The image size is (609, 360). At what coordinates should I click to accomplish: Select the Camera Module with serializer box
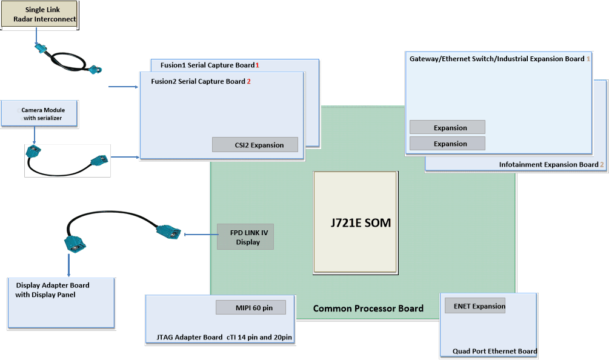coord(40,114)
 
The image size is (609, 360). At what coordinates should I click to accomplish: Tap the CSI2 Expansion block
coord(255,145)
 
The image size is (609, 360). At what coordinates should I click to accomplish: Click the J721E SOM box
coord(355,222)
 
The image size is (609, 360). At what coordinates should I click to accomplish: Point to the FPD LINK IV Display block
coord(245,237)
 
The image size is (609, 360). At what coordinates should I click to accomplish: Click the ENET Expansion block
coord(475,306)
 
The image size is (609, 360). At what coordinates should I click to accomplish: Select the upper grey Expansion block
coord(447,127)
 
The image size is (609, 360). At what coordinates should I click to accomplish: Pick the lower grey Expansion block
coord(447,144)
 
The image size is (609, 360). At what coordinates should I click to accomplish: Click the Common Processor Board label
coord(368,308)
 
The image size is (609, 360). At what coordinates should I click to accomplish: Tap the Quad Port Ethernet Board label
coord(494,351)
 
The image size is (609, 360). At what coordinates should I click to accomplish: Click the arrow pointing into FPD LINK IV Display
coord(200,234)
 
